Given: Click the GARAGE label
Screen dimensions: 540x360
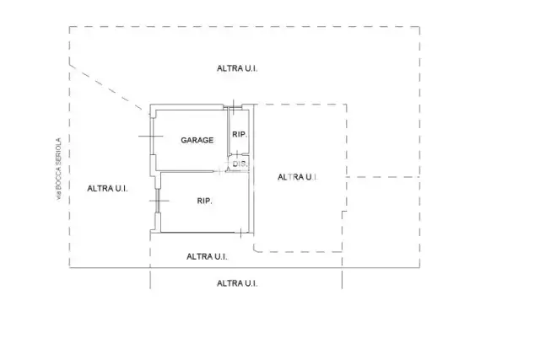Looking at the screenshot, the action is pos(197,140).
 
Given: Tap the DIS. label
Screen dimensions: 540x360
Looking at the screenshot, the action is pos(240,164).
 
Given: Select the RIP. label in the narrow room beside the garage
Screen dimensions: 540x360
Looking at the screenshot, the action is pos(240,135).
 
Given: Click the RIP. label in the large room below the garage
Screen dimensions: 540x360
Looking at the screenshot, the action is pos(204,201).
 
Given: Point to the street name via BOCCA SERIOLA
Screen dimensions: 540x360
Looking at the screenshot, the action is pos(59,169).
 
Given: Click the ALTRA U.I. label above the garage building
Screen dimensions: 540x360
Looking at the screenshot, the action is pos(237,68).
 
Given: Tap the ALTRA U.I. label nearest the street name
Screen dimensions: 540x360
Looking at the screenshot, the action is pos(107,189).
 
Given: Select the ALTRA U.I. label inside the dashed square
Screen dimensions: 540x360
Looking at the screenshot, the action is pos(298,177).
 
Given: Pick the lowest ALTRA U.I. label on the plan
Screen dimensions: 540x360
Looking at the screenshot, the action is pos(237,283).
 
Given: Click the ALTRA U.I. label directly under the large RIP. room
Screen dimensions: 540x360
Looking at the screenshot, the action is pos(207,257).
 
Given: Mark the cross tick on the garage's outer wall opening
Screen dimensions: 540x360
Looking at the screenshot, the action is pos(151,137).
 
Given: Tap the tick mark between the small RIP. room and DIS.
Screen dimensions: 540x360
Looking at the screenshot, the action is pos(237,153).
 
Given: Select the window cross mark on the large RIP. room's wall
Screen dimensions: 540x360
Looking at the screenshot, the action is pos(159,201).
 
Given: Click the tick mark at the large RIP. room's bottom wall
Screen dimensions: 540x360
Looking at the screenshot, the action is pos(240,233).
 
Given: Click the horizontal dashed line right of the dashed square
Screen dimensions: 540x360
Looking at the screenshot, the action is pos(383,177).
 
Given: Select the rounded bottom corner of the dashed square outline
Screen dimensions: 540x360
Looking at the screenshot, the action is pos(256,250).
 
